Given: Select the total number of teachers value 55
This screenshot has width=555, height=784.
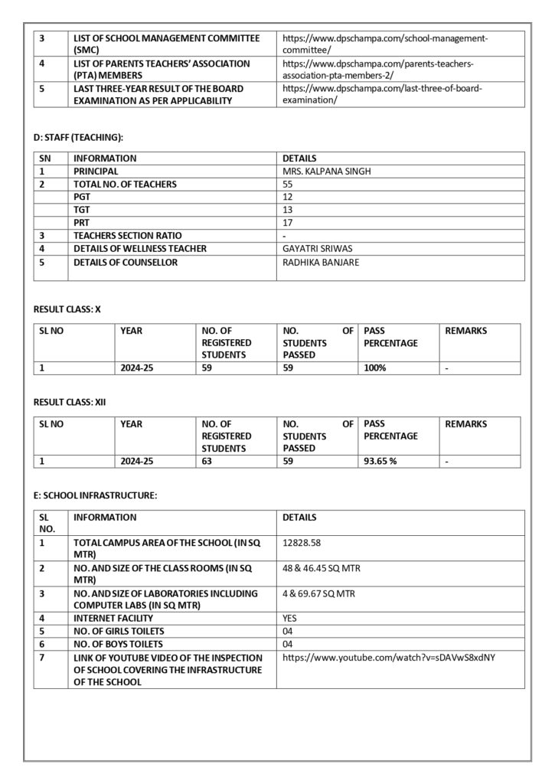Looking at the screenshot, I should coord(288,185).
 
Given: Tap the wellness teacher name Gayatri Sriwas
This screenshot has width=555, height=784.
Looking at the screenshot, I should coord(316,249).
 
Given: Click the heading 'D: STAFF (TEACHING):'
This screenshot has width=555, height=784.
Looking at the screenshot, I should coord(78,137).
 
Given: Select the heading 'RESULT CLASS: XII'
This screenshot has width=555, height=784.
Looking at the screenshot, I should coord(70,400).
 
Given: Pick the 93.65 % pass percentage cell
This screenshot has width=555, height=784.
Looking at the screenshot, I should coord(380,462).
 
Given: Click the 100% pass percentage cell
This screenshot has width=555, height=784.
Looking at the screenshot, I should coord(375,368).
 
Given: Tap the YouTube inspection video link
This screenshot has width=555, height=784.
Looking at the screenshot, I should coord(389,657).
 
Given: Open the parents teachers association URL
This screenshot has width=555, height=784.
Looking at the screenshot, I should coord(378,69).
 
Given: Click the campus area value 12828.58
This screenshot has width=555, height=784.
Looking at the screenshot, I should coord(302,543).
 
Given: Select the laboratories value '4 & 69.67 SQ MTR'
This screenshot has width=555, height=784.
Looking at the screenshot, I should coord(319,593).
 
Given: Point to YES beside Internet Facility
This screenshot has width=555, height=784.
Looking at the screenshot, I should coord(290,618).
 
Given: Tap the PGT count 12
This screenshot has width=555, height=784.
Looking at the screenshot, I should coord(288,198).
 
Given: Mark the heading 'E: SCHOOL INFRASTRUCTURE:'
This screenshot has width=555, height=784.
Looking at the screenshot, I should coord(95,495).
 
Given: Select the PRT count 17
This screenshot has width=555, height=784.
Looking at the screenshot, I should coord(288,223).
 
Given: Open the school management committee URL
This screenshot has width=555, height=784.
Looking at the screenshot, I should coord(385,43).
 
